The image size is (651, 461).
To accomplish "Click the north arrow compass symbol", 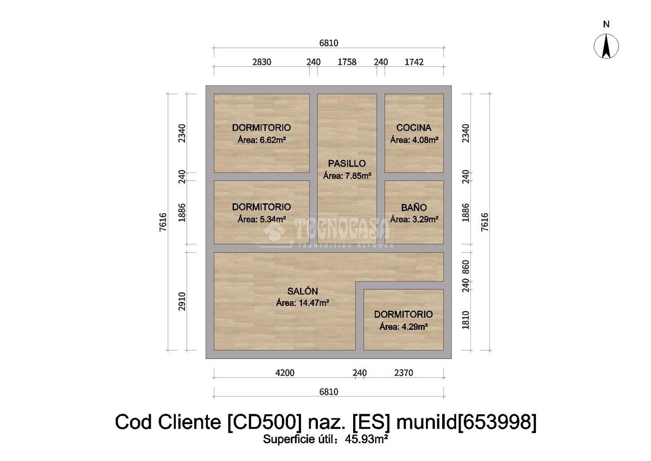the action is [x=607, y=46].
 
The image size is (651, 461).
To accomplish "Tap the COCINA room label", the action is [x=414, y=128].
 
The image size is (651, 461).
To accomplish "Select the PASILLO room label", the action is [x=347, y=163].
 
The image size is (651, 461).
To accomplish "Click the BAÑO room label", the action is [x=414, y=208].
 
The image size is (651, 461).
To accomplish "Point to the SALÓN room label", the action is [x=303, y=291].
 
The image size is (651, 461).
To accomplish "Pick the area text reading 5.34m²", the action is [x=261, y=220].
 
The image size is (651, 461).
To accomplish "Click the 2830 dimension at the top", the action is [x=261, y=62].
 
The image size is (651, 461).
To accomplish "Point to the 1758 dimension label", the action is [x=347, y=62].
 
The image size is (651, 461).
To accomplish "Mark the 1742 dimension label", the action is [x=414, y=62].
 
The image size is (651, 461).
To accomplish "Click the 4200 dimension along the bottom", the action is [x=284, y=373].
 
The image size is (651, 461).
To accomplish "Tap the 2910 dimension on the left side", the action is [x=182, y=302].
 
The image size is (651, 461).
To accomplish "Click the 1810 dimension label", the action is [x=465, y=320].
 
